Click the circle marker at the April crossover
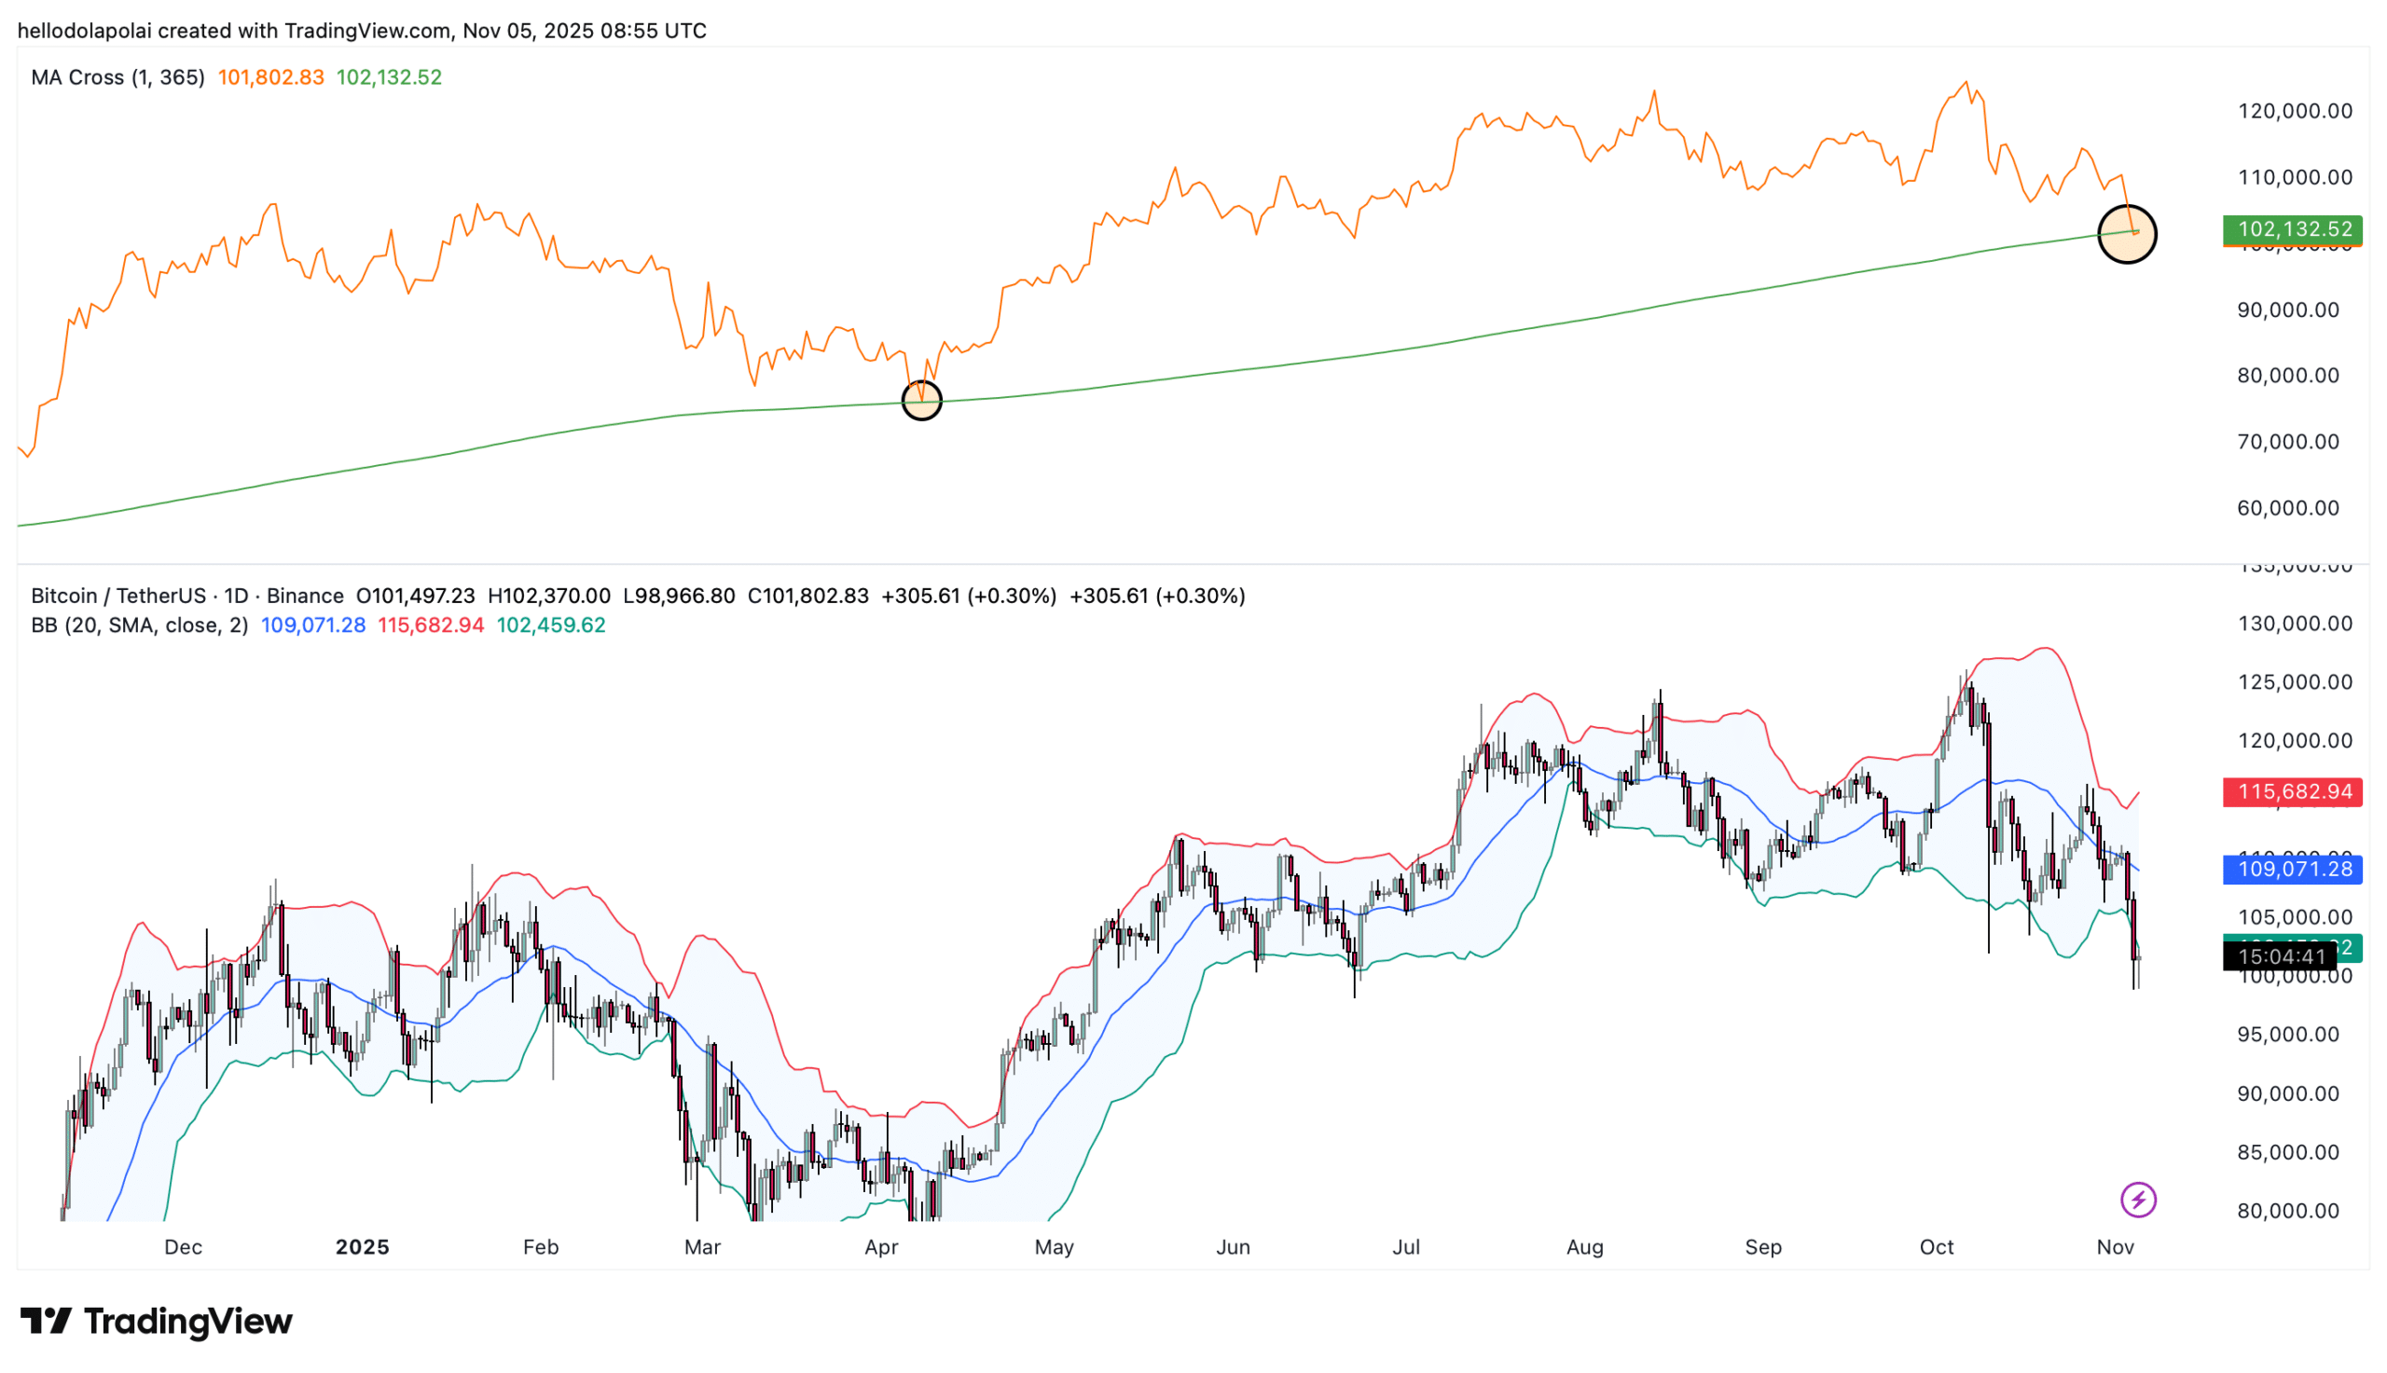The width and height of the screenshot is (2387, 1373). coord(921,401)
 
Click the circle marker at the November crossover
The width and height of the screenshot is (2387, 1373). coord(2126,234)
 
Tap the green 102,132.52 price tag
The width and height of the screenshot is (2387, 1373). coord(2292,229)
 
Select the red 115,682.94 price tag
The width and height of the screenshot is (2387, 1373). coord(2292,791)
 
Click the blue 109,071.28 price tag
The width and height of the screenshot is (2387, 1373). coord(2292,869)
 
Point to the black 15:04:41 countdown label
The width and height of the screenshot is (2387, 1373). coord(2280,957)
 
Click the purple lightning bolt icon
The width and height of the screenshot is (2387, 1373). coord(2137,1200)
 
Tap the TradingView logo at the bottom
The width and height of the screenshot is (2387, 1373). coord(157,1321)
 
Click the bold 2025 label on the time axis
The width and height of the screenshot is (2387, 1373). coord(362,1246)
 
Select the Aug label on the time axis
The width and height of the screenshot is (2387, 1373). coord(1584,1246)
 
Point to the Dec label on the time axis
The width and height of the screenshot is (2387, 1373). coord(183,1246)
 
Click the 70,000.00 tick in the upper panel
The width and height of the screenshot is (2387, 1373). coord(2288,441)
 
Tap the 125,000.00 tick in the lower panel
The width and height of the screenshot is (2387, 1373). coord(2295,681)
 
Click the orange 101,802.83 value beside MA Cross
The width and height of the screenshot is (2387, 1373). coord(270,77)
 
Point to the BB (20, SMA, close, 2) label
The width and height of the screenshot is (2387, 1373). coord(140,625)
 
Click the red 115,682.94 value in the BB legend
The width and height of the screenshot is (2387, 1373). coord(431,625)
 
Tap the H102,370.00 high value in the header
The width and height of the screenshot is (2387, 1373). coord(549,596)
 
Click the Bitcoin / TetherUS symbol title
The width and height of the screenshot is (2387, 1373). coord(117,596)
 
